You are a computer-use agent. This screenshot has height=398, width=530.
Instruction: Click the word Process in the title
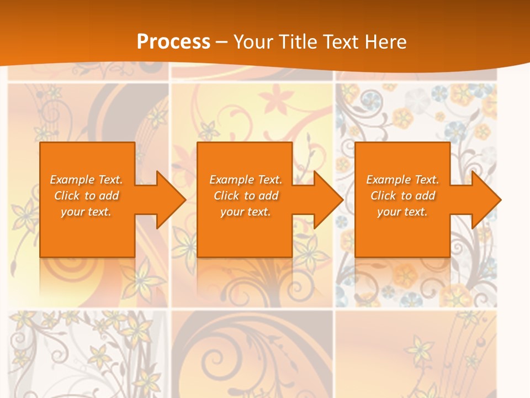point(173,41)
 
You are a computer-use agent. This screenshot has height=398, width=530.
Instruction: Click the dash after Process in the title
point(221,43)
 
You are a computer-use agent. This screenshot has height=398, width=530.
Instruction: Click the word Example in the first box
point(72,180)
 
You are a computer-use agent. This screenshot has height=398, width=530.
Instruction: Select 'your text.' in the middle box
point(246,212)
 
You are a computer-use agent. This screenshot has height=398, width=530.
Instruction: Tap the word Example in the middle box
point(231,180)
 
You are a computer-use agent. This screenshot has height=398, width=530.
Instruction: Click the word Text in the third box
point(426,180)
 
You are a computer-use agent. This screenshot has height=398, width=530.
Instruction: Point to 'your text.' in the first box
point(86,212)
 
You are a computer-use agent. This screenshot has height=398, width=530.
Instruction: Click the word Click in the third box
point(384,196)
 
